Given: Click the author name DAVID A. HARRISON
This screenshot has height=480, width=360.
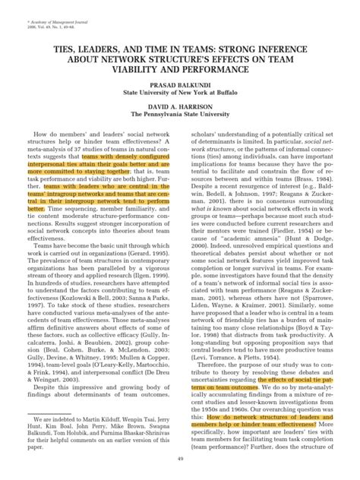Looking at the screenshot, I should tap(180, 106).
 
